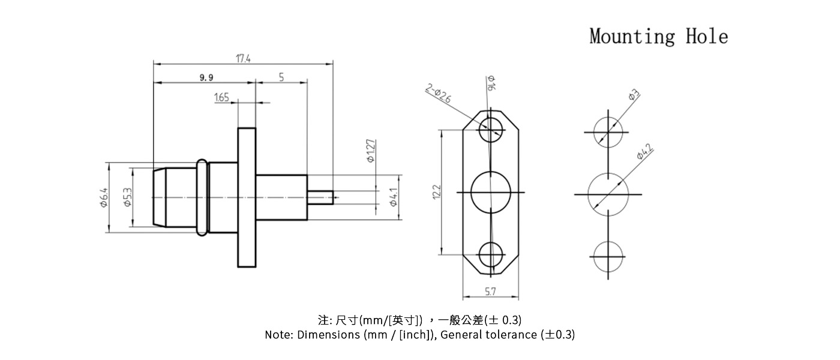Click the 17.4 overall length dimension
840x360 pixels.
243,58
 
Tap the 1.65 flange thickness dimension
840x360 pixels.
221,97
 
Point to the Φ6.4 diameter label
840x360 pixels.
104,197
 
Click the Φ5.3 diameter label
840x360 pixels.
127,197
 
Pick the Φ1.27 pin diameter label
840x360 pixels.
371,151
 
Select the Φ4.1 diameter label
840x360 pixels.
394,197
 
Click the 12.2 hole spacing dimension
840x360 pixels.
437,192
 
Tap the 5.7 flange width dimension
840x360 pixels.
490,292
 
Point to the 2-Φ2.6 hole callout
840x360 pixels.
439,95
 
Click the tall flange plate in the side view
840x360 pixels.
247,197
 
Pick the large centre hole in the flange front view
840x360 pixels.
491,192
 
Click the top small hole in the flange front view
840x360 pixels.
491,128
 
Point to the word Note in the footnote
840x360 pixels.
278,335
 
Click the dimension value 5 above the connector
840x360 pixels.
281,77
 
